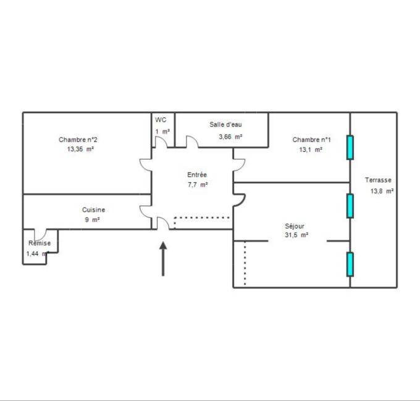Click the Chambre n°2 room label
point(78,140)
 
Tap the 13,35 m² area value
point(80,149)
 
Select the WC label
point(161,120)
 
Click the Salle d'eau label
point(225,125)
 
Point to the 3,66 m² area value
point(230,137)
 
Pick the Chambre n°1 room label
point(311,140)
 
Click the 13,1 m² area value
point(310,150)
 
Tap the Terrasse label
point(378,180)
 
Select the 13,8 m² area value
point(382,191)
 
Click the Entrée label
point(197,175)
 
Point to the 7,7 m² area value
point(198,185)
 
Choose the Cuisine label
point(93,210)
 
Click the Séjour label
point(295,226)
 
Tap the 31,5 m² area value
point(296,235)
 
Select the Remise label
point(39,243)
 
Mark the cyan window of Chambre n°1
point(350,147)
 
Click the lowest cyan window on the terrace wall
point(350,264)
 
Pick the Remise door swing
point(41,235)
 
